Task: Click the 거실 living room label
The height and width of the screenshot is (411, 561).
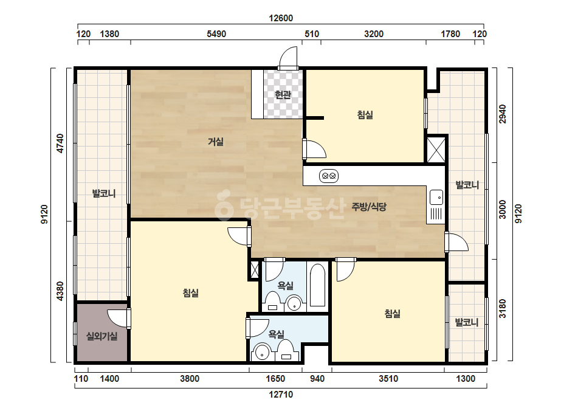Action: tap(216, 142)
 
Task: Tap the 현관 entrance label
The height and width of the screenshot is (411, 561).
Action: tap(283, 95)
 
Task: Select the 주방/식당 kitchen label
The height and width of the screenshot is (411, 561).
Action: tap(369, 207)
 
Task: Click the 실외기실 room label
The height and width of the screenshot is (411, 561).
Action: tap(102, 336)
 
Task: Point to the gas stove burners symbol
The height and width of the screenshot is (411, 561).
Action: tap(329, 176)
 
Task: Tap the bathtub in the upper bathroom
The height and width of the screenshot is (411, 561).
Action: tap(317, 285)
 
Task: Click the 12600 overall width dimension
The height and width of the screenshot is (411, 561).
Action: tap(281, 18)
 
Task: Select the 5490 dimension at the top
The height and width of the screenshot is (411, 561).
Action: tap(216, 34)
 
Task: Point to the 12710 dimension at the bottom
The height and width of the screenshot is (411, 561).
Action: tap(281, 395)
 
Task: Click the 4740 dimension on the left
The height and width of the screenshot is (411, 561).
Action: tap(60, 143)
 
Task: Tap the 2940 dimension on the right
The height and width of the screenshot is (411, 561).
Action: tap(503, 114)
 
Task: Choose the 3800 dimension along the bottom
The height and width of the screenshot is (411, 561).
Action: tap(190, 379)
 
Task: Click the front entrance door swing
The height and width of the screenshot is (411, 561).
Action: tap(288, 57)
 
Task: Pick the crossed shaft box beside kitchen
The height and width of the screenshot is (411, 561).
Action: tap(436, 150)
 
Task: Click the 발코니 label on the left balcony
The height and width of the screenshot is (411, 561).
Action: tap(104, 194)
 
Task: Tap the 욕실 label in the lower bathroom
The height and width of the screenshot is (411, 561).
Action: tap(276, 334)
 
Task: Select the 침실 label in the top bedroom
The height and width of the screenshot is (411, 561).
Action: tap(365, 115)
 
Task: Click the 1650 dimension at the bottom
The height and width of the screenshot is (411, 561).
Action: tap(275, 379)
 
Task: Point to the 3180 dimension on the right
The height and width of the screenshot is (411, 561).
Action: tap(503, 309)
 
